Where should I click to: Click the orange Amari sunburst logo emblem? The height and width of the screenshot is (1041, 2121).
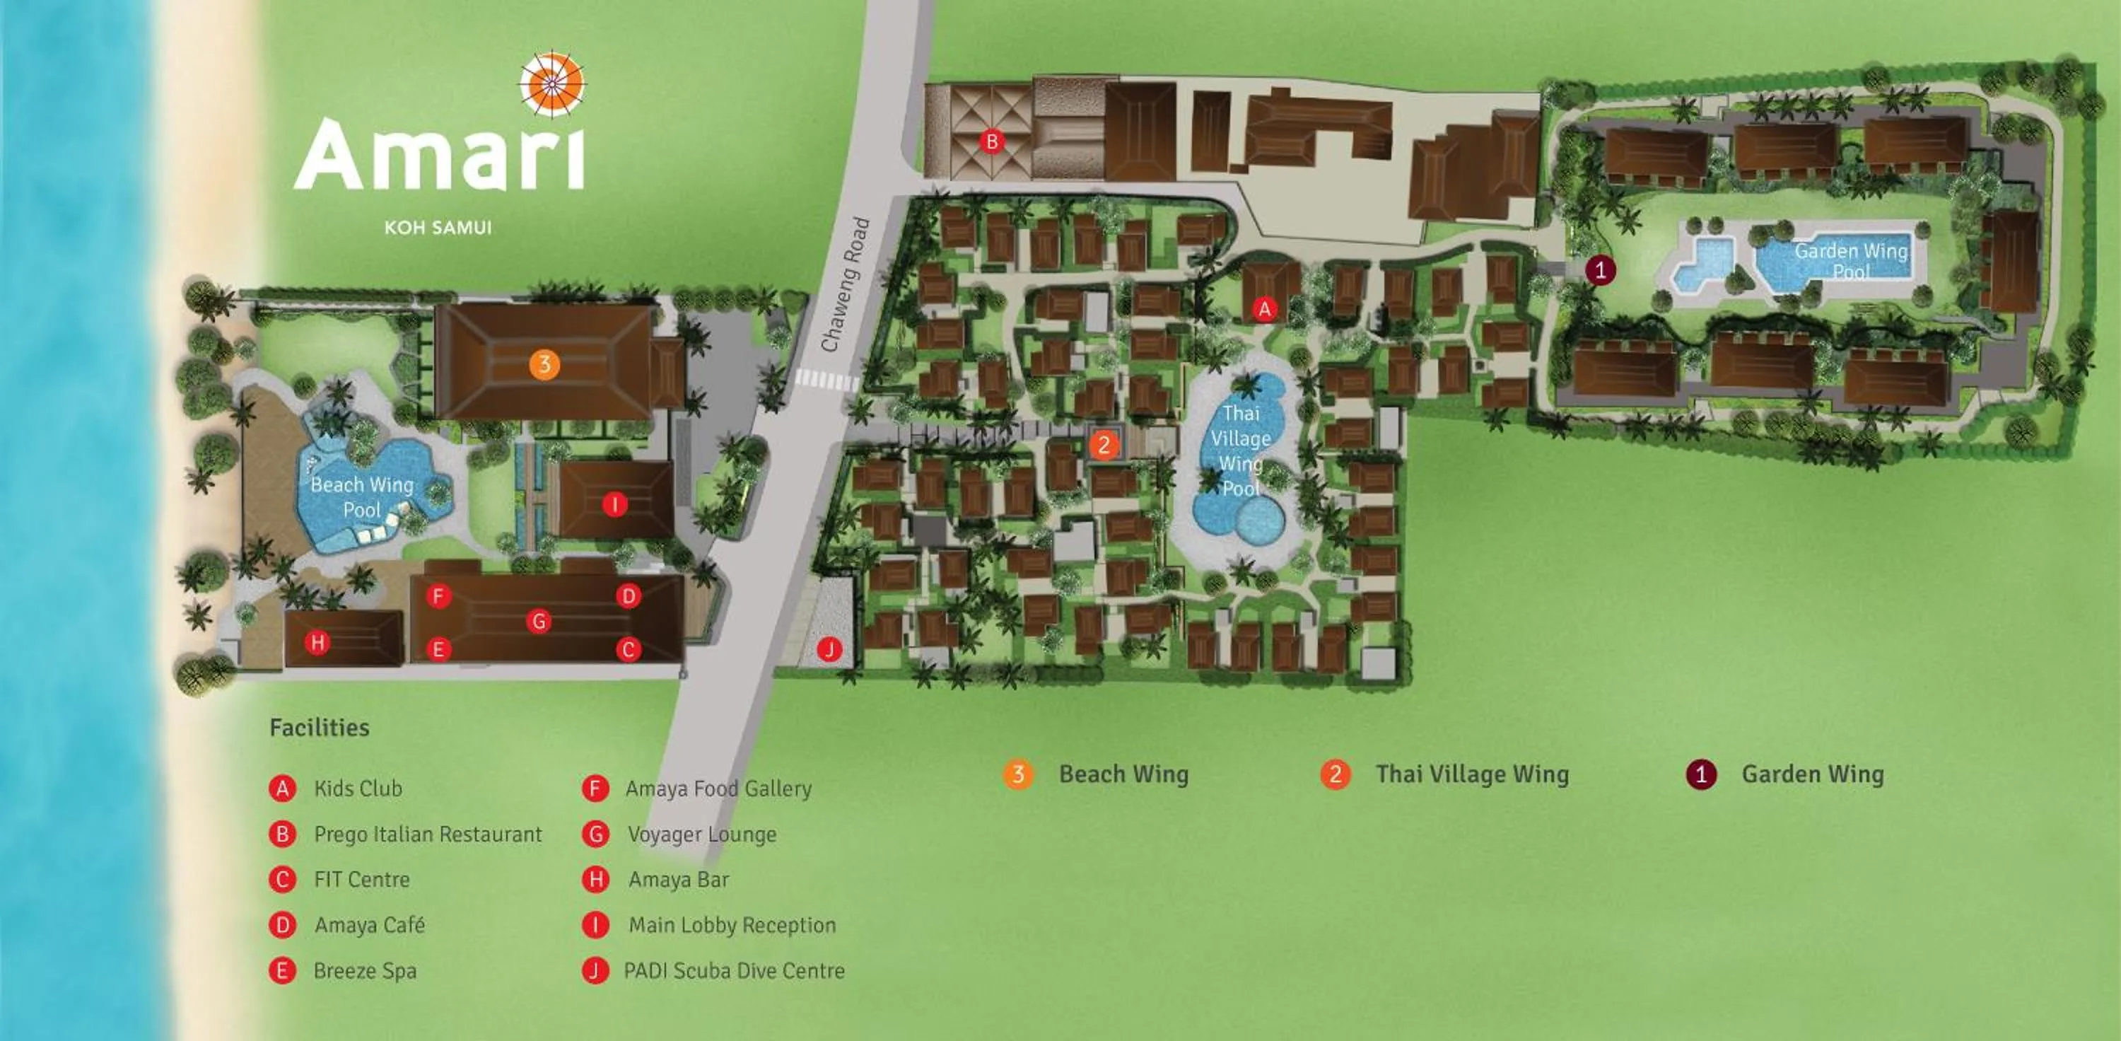pos(551,83)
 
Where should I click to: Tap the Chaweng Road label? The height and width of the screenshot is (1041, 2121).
pos(846,284)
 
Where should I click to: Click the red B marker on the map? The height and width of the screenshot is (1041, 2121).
pos(991,141)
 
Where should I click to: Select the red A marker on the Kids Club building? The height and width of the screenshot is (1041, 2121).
pos(1264,309)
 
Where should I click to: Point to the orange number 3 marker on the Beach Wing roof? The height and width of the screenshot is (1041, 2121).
pos(544,364)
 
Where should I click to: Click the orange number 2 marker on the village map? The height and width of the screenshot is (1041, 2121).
pos(1104,446)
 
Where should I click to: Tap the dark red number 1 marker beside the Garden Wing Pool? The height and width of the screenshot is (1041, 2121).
pos(1600,269)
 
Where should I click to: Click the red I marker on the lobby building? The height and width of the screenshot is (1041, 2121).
pos(614,504)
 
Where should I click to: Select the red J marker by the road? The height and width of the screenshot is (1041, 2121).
pos(829,650)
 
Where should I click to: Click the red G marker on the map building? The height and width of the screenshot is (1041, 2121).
pos(539,621)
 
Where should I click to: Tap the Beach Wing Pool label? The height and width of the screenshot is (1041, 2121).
pos(361,496)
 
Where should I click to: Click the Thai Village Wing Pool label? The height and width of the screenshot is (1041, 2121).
pos(1240,450)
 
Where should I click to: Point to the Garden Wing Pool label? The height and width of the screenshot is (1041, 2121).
pos(1850,260)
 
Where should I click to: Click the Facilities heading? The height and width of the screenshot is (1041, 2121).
pos(320,727)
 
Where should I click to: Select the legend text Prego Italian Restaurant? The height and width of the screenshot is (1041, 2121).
pos(427,834)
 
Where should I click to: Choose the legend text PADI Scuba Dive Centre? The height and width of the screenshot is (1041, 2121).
pos(734,971)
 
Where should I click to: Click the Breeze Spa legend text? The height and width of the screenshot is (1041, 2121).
pos(365,971)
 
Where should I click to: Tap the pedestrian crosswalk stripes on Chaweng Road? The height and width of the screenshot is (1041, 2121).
pos(826,380)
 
